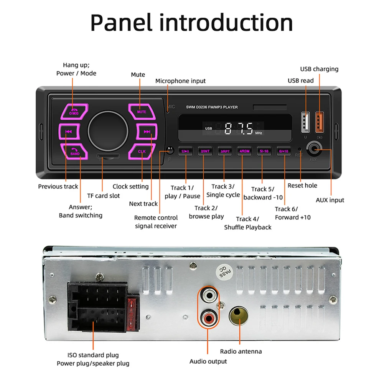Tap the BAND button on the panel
(75, 152)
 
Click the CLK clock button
(142, 152)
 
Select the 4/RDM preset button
(244, 151)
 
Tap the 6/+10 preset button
(284, 151)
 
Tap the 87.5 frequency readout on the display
(239, 128)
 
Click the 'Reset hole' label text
(302, 186)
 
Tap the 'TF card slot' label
(103, 196)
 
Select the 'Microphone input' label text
(180, 81)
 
